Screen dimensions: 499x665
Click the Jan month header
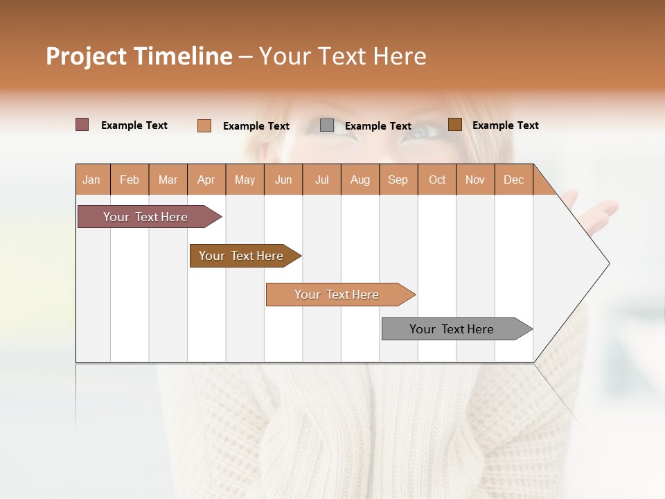[x=92, y=180]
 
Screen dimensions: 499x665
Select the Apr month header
[x=206, y=180]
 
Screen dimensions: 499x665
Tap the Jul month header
[x=322, y=180]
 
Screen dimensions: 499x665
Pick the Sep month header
[x=398, y=180]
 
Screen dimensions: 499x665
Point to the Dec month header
[x=513, y=180]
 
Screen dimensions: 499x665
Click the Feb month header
[x=130, y=180]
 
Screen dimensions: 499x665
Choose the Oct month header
[x=437, y=180]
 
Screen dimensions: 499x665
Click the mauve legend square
[x=82, y=125]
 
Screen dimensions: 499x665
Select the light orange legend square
[x=204, y=125]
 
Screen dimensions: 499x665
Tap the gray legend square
[x=327, y=125]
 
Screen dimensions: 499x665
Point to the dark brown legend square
[x=454, y=125]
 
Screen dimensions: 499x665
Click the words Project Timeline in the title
[x=139, y=56]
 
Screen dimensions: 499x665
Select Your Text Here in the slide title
[x=342, y=56]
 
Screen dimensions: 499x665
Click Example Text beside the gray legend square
[x=378, y=126]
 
